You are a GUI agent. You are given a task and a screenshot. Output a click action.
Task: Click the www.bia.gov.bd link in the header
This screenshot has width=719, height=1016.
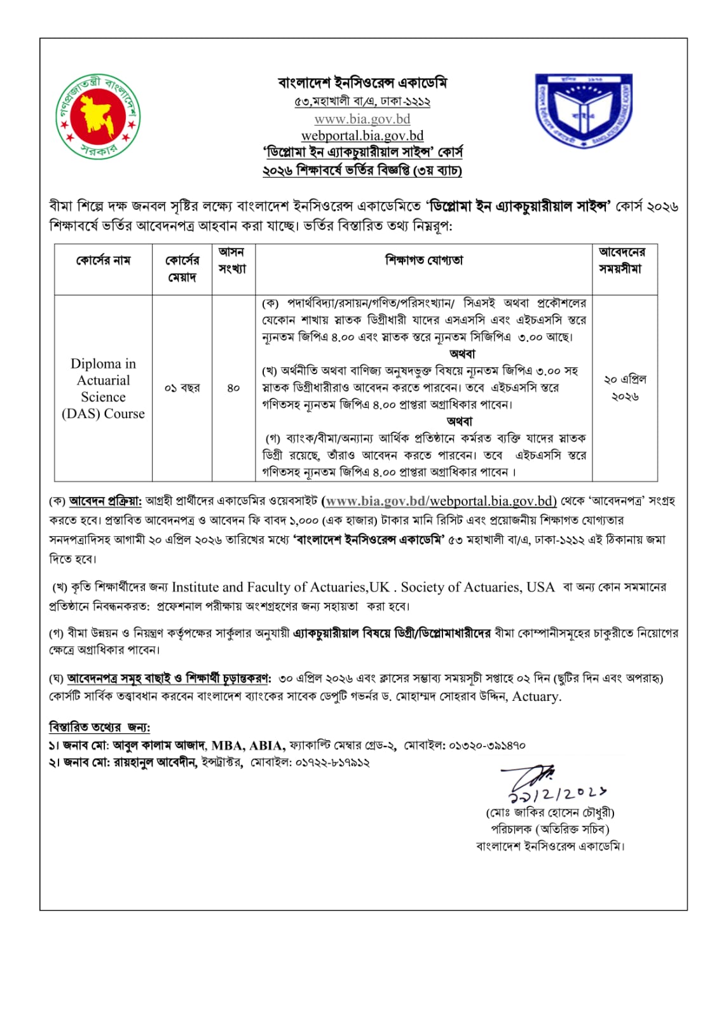pyautogui.click(x=362, y=119)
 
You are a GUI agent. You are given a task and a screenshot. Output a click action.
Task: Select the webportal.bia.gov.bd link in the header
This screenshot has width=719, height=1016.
pyautogui.click(x=362, y=135)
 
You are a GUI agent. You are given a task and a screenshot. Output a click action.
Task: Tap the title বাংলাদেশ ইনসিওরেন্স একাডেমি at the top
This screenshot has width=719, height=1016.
pyautogui.click(x=362, y=83)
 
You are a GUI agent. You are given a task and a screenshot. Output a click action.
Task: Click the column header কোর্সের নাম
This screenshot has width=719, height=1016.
pyautogui.click(x=103, y=261)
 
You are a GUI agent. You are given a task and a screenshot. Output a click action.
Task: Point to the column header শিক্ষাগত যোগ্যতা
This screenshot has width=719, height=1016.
pyautogui.click(x=423, y=261)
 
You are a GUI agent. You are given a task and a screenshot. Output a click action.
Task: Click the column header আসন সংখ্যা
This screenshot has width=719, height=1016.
pyautogui.click(x=232, y=261)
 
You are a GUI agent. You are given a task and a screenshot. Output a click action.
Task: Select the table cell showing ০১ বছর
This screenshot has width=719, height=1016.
pyautogui.click(x=182, y=388)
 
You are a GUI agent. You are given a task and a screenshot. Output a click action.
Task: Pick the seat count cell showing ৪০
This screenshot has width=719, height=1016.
pyautogui.click(x=233, y=388)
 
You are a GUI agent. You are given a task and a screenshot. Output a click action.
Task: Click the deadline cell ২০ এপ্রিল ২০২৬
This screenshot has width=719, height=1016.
pyautogui.click(x=624, y=388)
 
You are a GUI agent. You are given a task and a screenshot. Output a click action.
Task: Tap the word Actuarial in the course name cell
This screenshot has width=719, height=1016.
pyautogui.click(x=103, y=380)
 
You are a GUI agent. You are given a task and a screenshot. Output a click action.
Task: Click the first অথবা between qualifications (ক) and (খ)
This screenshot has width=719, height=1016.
pyautogui.click(x=462, y=354)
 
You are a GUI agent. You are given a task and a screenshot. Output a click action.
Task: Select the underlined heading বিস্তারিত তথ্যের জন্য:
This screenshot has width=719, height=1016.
pyautogui.click(x=99, y=727)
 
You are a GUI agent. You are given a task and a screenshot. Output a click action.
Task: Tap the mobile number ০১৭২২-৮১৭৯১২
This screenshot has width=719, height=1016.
pyautogui.click(x=332, y=762)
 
